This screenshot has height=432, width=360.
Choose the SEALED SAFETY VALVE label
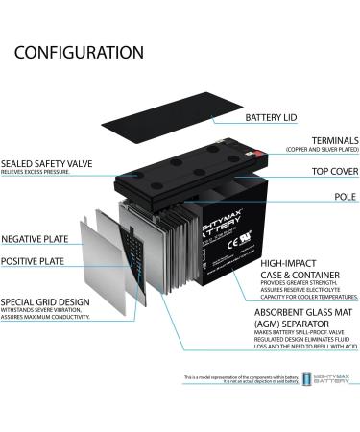(47, 163)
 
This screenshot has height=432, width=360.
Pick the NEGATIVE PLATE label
(34, 239)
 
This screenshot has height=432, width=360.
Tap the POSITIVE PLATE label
(33, 261)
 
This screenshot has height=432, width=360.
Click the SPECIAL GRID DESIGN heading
(46, 300)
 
